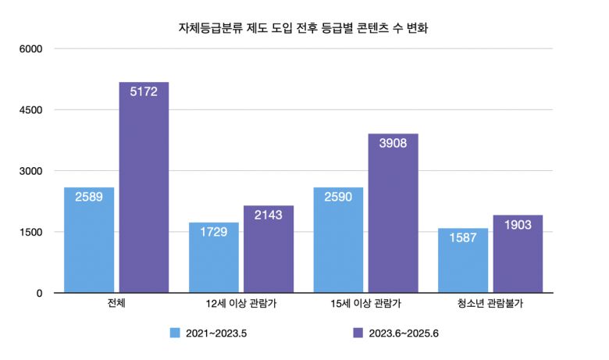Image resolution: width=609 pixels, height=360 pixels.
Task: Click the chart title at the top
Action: tap(304, 28)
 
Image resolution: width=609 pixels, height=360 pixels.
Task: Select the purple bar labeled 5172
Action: tap(144, 187)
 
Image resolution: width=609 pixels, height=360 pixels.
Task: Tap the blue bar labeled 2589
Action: tap(89, 240)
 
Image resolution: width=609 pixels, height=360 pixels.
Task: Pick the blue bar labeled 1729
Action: tap(214, 258)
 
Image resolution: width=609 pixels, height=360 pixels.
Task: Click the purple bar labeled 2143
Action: tap(268, 249)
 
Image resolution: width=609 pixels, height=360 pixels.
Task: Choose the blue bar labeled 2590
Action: tap(338, 240)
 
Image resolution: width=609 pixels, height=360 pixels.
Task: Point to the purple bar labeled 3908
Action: tap(393, 213)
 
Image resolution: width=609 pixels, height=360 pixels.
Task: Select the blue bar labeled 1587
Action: tap(463, 260)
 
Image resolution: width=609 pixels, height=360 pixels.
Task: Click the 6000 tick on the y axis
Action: tap(30, 49)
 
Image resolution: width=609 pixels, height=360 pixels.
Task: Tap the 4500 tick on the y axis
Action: tap(30, 110)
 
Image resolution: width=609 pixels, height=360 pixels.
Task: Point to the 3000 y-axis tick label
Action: tap(30, 171)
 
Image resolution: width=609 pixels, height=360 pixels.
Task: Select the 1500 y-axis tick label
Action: tap(30, 232)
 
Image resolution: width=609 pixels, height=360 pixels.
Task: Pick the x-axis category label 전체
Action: tap(116, 304)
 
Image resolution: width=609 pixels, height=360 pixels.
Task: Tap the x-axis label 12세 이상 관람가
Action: tap(241, 304)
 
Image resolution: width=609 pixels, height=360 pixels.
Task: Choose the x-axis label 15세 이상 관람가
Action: tap(365, 304)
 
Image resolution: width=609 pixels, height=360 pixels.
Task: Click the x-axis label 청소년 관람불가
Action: tap(490, 304)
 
